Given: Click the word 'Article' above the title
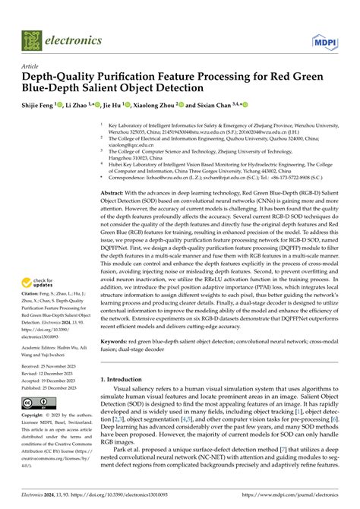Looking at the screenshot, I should [x=30, y=66].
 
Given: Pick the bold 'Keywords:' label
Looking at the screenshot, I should [x=115, y=342].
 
